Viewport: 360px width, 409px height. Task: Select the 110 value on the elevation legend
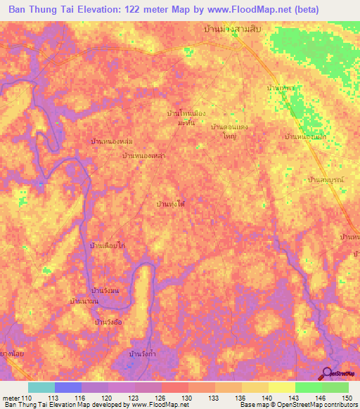pyautogui.click(x=27, y=398)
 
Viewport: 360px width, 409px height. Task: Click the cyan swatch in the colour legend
pyautogui.click(x=41, y=387)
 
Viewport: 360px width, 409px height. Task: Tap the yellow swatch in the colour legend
pyautogui.click(x=281, y=387)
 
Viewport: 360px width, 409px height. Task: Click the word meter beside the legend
pyautogui.click(x=11, y=398)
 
